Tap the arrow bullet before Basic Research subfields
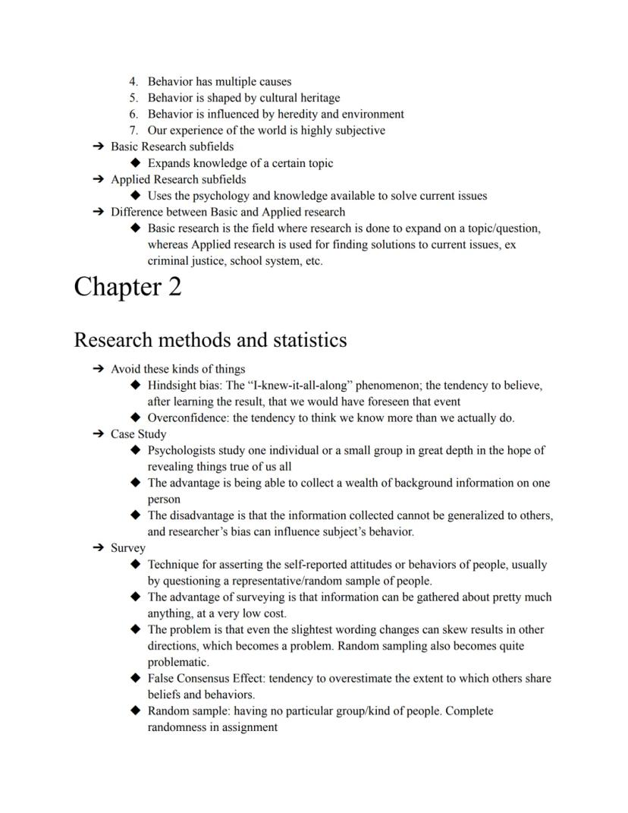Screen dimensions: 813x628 tap(98, 147)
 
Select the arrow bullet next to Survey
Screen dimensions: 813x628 tap(98, 548)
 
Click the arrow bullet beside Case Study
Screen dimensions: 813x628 tap(98, 434)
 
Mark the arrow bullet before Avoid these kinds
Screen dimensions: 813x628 tap(98, 369)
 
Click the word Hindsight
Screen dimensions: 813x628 tap(172, 386)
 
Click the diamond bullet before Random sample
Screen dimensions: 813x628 tap(136, 711)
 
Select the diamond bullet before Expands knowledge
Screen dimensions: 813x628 tap(136, 163)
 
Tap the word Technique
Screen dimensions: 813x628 tap(175, 565)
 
